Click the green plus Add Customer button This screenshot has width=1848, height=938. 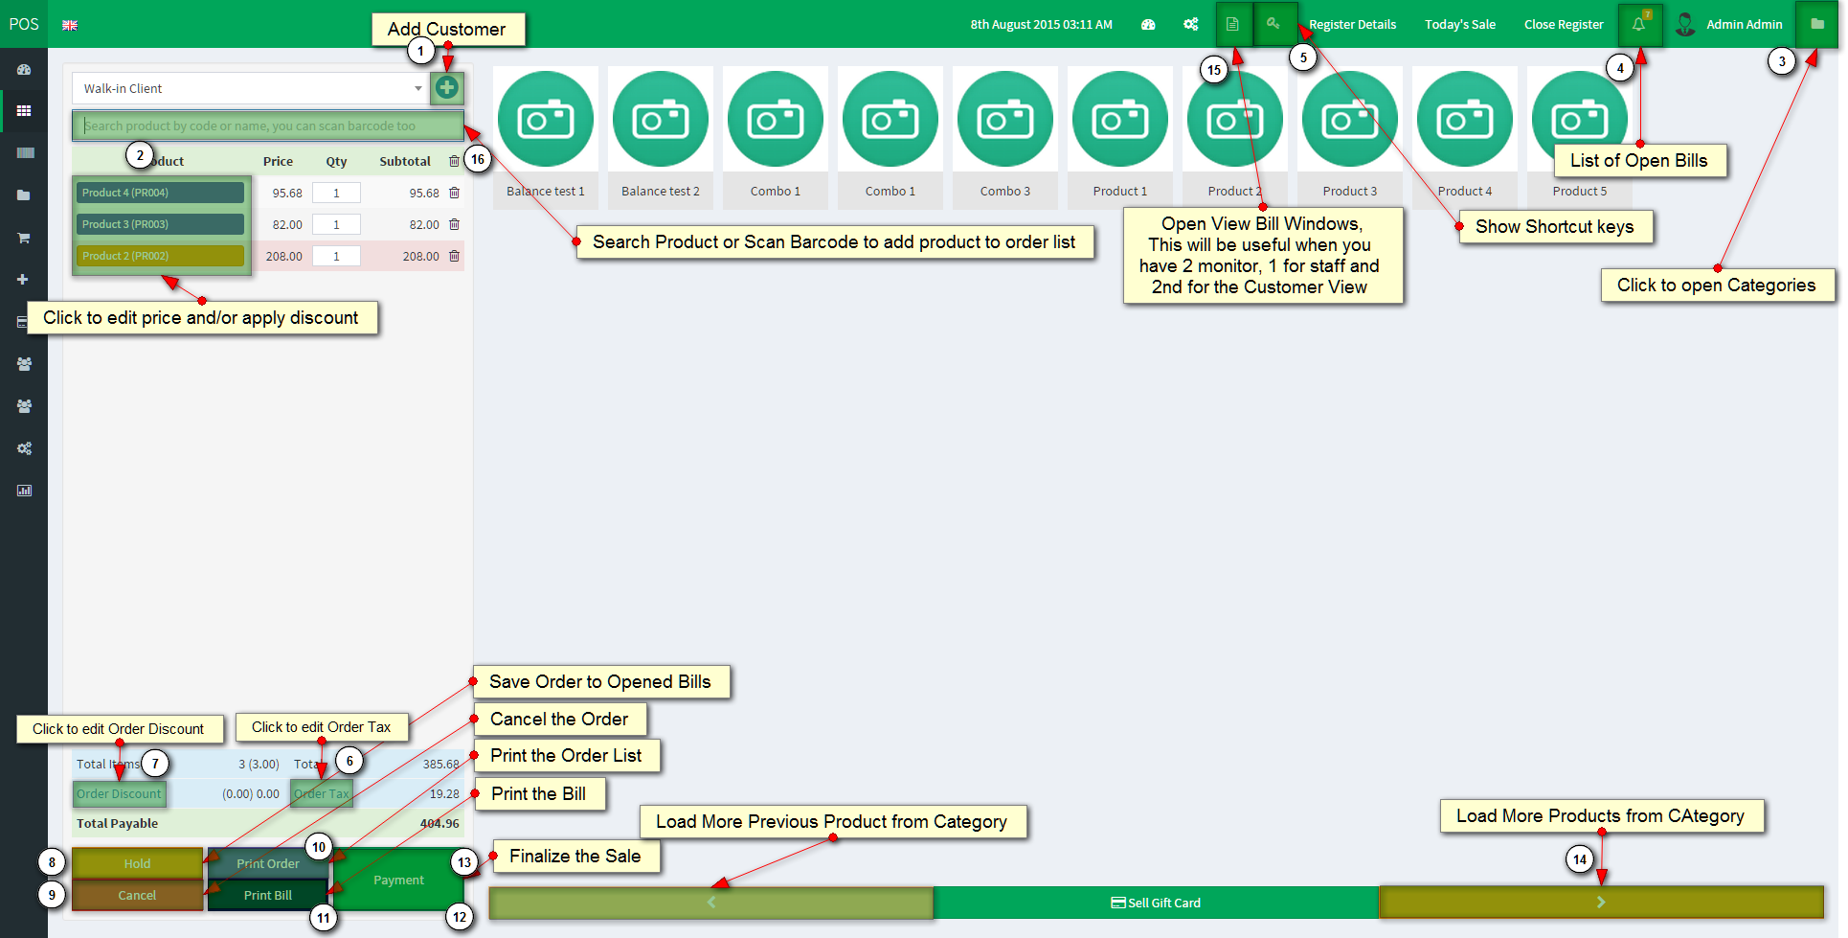pos(446,88)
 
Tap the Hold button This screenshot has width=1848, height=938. pos(137,863)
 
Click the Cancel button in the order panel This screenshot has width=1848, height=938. pos(137,895)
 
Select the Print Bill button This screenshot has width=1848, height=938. pos(268,895)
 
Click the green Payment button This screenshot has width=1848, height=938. pos(398,880)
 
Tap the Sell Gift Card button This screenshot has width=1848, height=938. pos(1156,903)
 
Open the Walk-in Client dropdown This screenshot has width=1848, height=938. pos(249,88)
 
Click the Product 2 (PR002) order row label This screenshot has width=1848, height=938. pos(160,256)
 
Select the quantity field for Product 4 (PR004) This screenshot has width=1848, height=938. pos(336,193)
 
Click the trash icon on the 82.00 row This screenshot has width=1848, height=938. pos(455,224)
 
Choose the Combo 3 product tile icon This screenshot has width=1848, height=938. pos(1005,119)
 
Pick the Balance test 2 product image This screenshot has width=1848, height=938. pos(661,119)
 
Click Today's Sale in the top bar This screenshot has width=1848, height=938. pos(1459,25)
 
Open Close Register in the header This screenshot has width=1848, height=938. pos(1564,25)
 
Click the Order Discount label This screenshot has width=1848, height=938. pos(119,793)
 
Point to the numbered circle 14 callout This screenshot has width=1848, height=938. pos(1580,859)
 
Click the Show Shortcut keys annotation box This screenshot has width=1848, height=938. pos(1555,227)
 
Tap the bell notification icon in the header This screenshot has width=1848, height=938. pos(1638,24)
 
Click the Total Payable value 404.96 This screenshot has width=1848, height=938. pos(439,823)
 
